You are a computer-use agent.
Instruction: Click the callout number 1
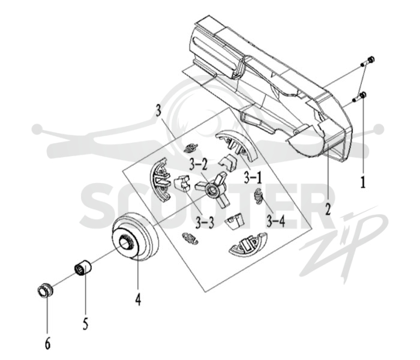click(x=362, y=182)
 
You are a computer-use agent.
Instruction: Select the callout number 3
click(x=158, y=110)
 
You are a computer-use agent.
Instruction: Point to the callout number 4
click(x=137, y=299)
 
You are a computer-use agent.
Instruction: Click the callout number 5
click(x=85, y=323)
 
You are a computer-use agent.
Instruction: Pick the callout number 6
click(x=47, y=343)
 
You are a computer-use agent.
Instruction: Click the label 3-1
click(x=253, y=178)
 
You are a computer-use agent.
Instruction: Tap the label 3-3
click(x=205, y=222)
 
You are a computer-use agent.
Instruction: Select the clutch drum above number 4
click(x=135, y=236)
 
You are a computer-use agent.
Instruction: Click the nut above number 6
click(x=45, y=290)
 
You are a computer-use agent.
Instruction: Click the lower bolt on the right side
click(x=359, y=97)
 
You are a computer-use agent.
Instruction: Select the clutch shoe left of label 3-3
click(x=160, y=179)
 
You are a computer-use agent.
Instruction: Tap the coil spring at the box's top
click(x=191, y=148)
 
